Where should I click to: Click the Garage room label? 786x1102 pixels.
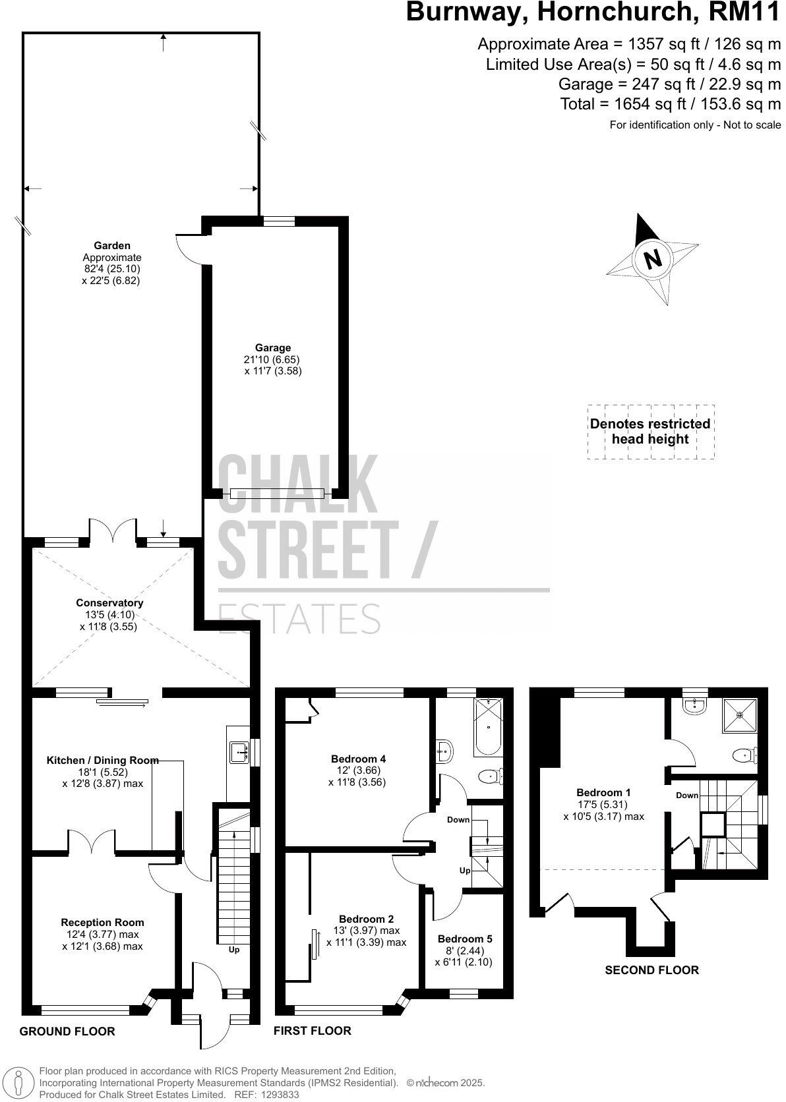(273, 348)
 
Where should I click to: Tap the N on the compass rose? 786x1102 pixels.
(652, 259)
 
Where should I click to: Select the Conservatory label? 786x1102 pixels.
(109, 602)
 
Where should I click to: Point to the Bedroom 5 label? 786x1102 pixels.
(465, 939)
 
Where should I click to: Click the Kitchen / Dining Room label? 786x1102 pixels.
(103, 760)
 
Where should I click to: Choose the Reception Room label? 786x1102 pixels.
(102, 922)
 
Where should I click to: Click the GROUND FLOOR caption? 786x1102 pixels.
(67, 1031)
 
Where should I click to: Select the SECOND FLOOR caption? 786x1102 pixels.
(651, 970)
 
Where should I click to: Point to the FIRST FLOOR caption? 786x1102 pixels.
(313, 1030)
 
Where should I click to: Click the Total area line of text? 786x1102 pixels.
(671, 103)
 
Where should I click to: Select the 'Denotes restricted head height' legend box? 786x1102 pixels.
(651, 432)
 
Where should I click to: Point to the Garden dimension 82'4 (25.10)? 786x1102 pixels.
(112, 269)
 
